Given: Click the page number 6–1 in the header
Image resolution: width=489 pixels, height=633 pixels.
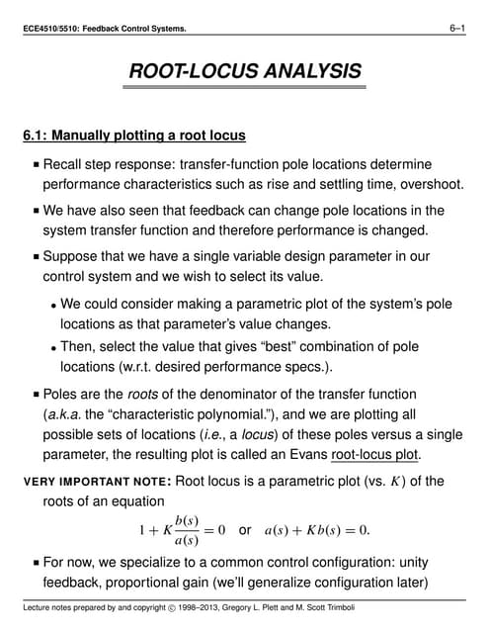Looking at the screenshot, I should point(455,29).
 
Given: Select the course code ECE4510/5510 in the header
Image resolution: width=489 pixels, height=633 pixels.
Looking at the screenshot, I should point(54,29).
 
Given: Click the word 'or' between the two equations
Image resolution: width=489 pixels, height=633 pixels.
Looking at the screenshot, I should point(246,530).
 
